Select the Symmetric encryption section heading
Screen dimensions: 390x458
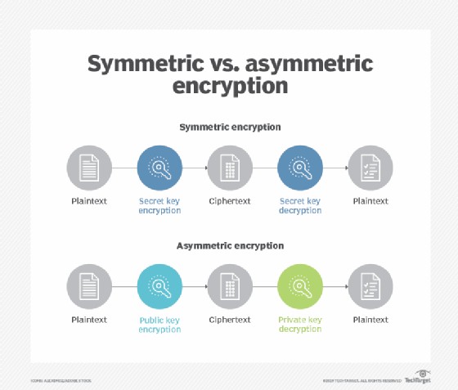pyautogui.click(x=229, y=128)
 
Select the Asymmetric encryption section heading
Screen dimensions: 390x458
pyautogui.click(x=229, y=245)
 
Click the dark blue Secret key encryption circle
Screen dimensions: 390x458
pyautogui.click(x=159, y=168)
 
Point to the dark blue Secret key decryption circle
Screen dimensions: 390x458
pyautogui.click(x=300, y=168)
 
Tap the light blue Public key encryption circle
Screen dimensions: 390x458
pyautogui.click(x=159, y=286)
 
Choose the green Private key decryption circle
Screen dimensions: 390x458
pyautogui.click(x=300, y=286)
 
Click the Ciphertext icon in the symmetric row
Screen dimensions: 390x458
pyautogui.click(x=230, y=168)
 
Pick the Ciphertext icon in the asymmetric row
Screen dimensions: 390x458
pyautogui.click(x=230, y=286)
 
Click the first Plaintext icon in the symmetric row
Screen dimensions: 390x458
pyautogui.click(x=89, y=168)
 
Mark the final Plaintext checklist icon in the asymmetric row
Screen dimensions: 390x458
pyautogui.click(x=370, y=286)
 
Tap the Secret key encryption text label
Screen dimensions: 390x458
pyautogui.click(x=159, y=205)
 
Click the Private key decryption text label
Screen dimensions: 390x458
pyautogui.click(x=300, y=324)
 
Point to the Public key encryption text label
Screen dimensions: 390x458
pyautogui.click(x=159, y=324)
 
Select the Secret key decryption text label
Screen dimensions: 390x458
pyautogui.click(x=300, y=205)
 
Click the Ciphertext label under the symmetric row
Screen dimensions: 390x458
pyautogui.click(x=230, y=200)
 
